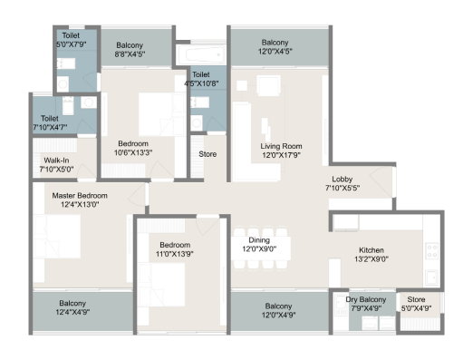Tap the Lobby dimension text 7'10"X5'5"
(x=342, y=189)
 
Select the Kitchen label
(x=371, y=249)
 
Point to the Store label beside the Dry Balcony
(x=415, y=298)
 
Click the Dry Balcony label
(x=365, y=298)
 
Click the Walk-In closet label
(x=51, y=160)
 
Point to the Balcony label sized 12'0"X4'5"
(x=275, y=43)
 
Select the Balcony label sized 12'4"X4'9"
(x=72, y=303)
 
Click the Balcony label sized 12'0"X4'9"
(x=275, y=306)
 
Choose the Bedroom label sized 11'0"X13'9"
(x=175, y=245)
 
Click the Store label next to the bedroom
(x=207, y=154)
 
